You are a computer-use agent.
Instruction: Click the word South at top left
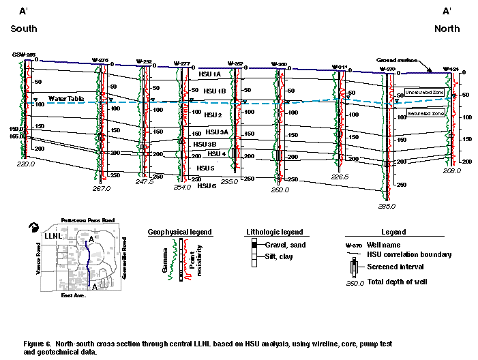pos(24,29)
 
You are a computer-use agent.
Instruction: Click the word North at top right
pos(447,29)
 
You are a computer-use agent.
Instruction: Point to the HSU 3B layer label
pos(205,144)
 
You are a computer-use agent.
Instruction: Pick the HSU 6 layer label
pos(207,185)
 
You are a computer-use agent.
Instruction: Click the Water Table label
pos(66,99)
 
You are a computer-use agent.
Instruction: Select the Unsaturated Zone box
pos(424,91)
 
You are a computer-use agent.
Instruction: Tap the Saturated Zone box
pos(423,112)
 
